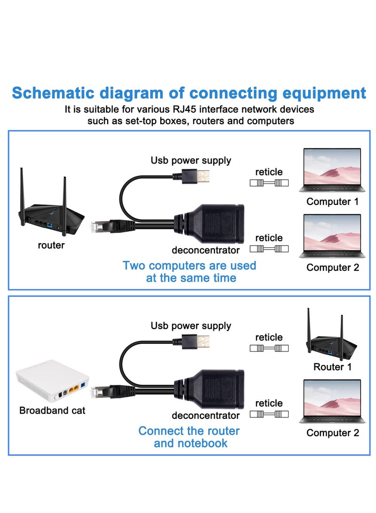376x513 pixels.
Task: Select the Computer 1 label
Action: click(x=332, y=202)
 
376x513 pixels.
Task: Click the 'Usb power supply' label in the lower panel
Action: click(x=191, y=326)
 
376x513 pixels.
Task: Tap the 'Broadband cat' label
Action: click(x=52, y=410)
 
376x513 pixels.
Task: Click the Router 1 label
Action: click(x=332, y=367)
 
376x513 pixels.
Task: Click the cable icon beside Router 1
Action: click(x=269, y=348)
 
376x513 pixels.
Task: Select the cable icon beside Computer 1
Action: click(x=269, y=183)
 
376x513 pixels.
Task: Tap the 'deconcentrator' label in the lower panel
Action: click(x=205, y=416)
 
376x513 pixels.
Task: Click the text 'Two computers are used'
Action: click(x=189, y=265)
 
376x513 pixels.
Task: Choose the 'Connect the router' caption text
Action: click(x=189, y=431)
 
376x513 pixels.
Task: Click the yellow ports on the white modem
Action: click(x=74, y=388)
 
